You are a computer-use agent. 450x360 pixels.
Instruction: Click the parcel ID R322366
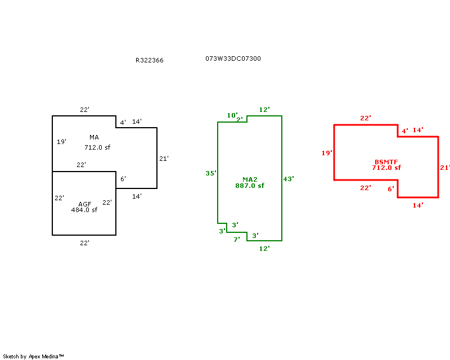pos(149,60)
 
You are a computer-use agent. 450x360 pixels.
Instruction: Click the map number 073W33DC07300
pos(233,58)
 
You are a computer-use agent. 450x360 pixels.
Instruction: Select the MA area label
pos(94,137)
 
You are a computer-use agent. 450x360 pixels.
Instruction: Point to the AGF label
pos(84,204)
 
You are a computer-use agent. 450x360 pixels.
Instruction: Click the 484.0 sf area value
pos(84,210)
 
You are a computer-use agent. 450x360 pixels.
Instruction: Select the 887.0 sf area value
pos(250,186)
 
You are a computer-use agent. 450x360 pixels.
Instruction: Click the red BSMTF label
pos(386,161)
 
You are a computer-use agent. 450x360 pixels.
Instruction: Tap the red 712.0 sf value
pos(386,168)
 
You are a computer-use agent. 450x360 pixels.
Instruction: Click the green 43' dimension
pos(289,178)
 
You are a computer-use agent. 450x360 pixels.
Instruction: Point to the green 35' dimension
pos(210,173)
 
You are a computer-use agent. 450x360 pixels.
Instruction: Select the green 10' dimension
pos(232,115)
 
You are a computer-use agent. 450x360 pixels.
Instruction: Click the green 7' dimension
pos(237,239)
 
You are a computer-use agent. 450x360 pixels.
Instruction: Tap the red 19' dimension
pos(327,153)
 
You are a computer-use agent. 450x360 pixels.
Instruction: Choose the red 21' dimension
pos(445,168)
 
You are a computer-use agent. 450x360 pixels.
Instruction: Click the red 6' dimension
pos(391,189)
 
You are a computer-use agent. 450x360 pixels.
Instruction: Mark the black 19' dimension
pos(61,142)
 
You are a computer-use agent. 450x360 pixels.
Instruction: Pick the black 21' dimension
pos(164,159)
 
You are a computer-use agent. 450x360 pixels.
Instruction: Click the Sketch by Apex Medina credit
pos(34,356)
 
